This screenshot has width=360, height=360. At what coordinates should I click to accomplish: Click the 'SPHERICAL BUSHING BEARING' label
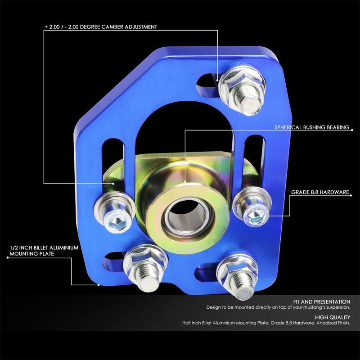tap(312, 127)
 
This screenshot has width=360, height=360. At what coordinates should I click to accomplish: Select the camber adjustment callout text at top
tap(101, 27)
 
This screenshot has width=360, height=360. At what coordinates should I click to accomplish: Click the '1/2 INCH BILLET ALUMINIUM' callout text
tap(44, 248)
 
